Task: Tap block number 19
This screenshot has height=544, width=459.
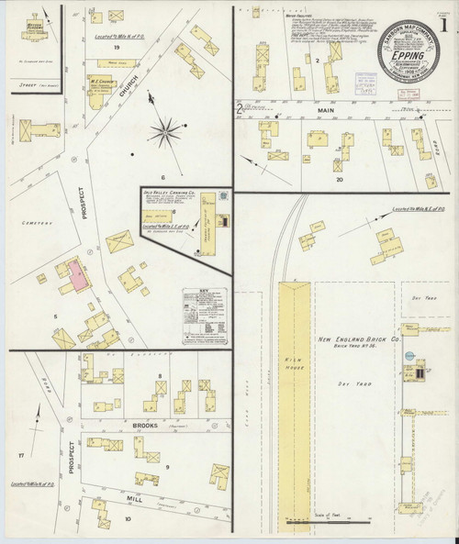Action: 117,47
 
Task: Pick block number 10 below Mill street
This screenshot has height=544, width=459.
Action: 129,519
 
